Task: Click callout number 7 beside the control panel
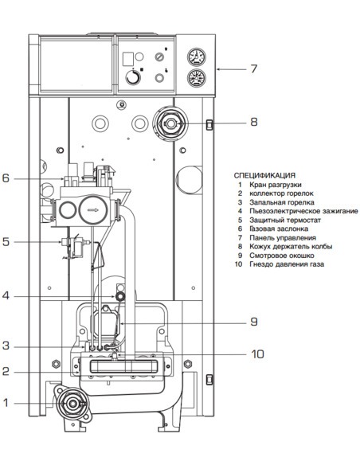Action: (x=253, y=68)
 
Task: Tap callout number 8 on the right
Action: (x=253, y=123)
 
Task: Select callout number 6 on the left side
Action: (x=6, y=178)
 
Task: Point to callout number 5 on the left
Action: (x=6, y=240)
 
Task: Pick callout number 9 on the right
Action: (x=253, y=322)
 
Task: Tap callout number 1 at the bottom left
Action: (x=6, y=404)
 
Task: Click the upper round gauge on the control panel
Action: (x=194, y=58)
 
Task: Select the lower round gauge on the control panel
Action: (x=194, y=79)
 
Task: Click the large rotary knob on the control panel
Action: (x=131, y=80)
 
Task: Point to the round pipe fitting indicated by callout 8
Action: (x=169, y=123)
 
